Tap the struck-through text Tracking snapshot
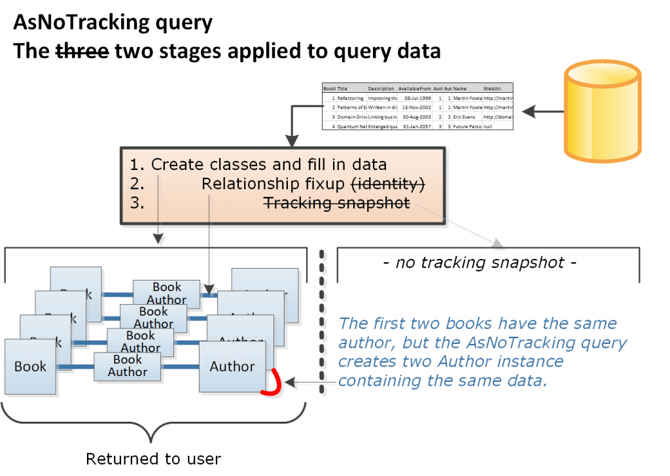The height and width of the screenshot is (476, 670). (336, 203)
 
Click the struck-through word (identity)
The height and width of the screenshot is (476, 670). (389, 184)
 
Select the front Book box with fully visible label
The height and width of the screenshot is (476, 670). (31, 366)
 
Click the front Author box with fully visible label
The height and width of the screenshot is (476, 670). (232, 367)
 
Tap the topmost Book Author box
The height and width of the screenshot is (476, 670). (167, 294)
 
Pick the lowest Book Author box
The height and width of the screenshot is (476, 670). (128, 366)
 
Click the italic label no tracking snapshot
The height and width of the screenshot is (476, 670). (480, 263)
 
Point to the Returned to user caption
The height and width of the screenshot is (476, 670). (154, 459)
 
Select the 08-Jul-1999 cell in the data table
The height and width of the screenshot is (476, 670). (417, 97)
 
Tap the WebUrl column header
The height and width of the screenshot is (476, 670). (492, 88)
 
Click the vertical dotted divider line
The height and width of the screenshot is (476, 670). (322, 320)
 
